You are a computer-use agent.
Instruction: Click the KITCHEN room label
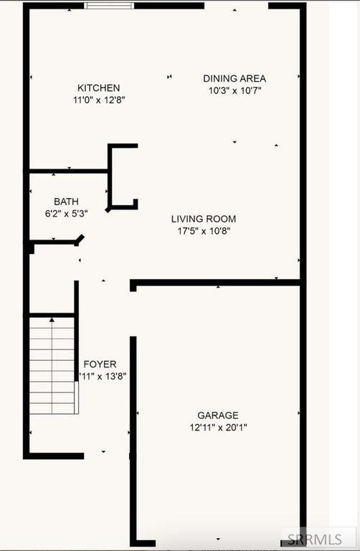pos(99,88)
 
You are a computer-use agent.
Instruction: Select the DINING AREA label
pos(235,78)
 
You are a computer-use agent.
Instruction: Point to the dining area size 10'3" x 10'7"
pos(235,90)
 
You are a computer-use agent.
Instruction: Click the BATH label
pos(66,202)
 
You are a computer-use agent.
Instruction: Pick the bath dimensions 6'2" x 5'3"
pos(66,213)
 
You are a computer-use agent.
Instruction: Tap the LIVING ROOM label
pos(203,219)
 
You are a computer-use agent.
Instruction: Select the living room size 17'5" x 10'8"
pos(203,231)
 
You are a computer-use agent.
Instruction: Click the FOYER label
pos(100,364)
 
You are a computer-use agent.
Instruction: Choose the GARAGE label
pos(218,415)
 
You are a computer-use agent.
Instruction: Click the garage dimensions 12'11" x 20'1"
pos(218,428)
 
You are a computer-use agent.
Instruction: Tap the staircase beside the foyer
pos(52,365)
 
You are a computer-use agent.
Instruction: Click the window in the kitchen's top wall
pos(109,6)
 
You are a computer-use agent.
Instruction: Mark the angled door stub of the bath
pos(80,240)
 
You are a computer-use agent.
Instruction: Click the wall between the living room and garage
pos(215,283)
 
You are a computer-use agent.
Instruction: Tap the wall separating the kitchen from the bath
pos(68,171)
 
